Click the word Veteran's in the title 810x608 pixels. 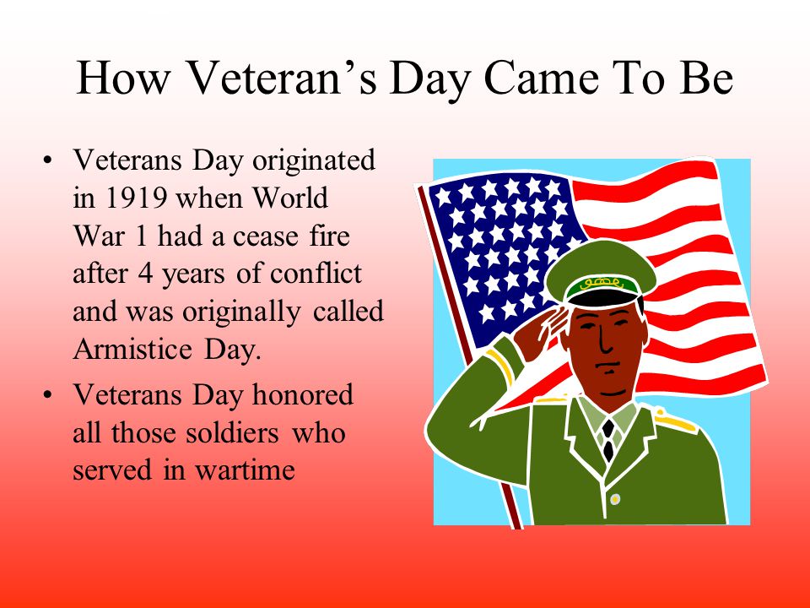click(282, 78)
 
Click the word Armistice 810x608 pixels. click(132, 349)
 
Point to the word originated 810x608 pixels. click(314, 160)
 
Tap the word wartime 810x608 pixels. click(245, 470)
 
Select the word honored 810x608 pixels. click(303, 394)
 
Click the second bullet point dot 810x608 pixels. click(48, 394)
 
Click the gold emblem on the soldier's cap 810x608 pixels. click(601, 284)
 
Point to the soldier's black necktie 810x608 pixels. click(608, 439)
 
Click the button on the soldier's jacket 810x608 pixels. click(615, 499)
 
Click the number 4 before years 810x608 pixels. click(145, 273)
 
